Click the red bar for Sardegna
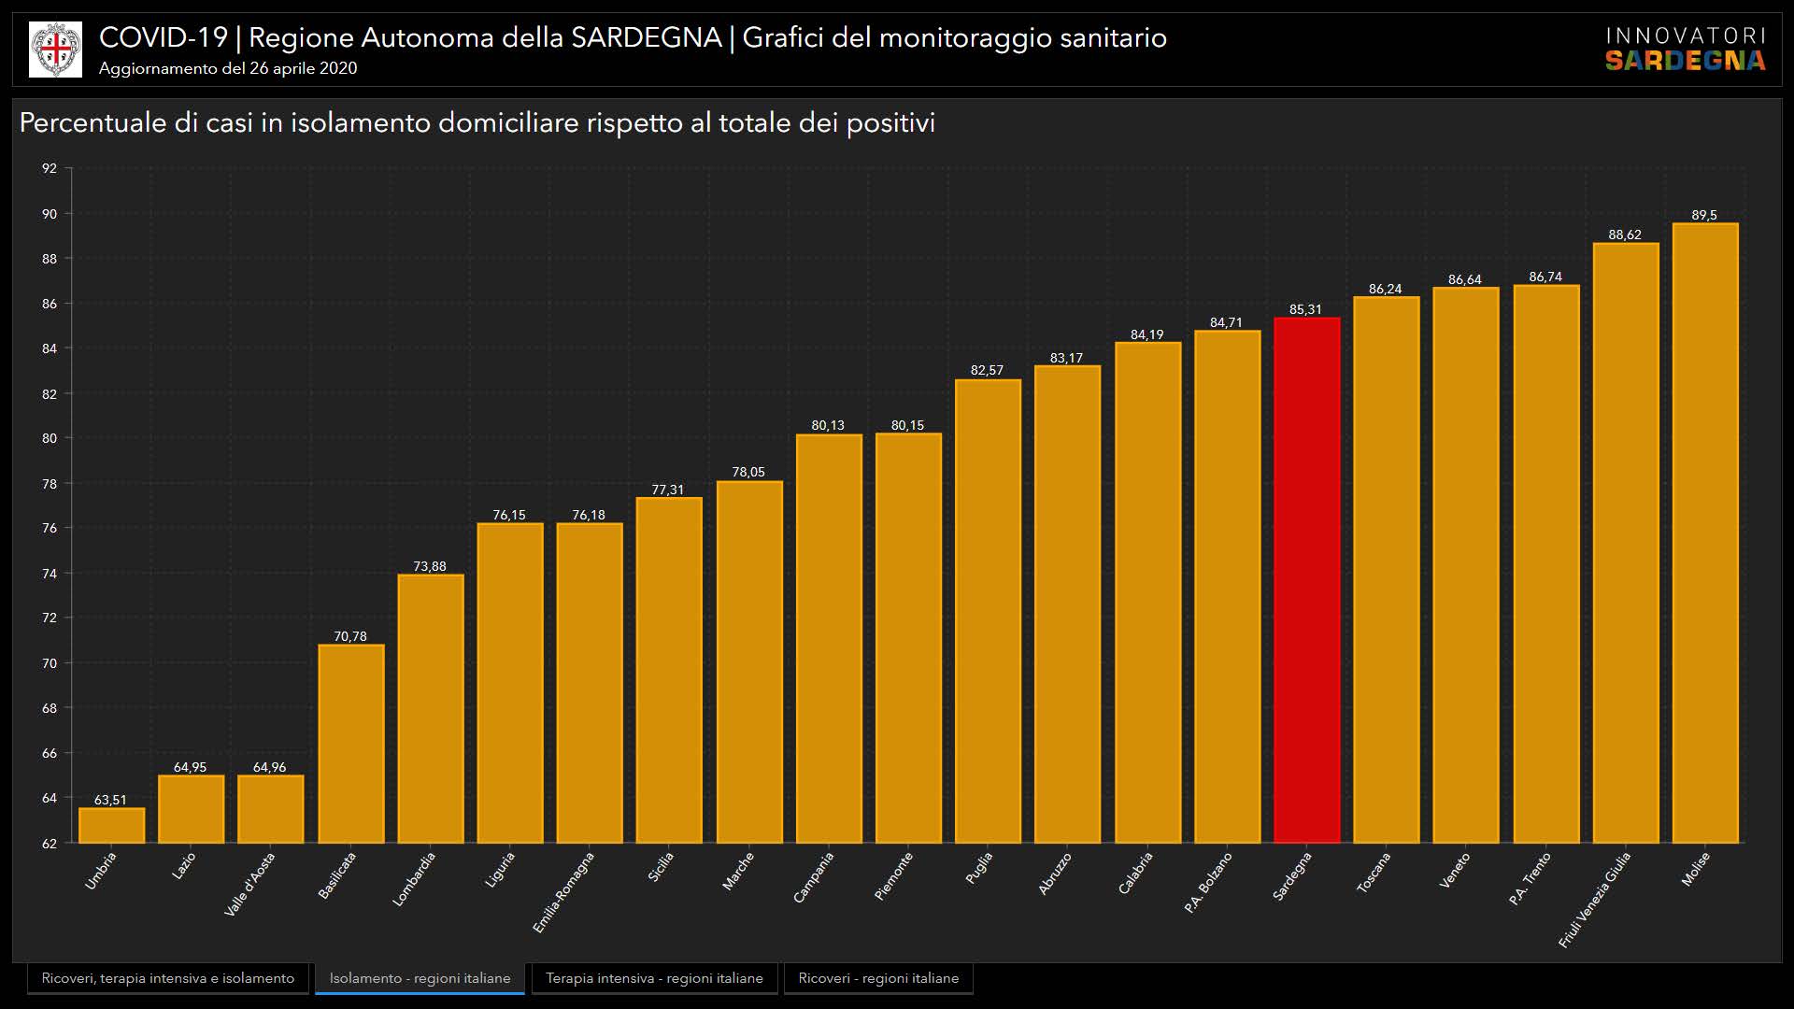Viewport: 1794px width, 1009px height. pyautogui.click(x=1306, y=579)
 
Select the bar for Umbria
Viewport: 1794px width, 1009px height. pyautogui.click(x=111, y=825)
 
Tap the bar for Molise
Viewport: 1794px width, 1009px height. pyautogui.click(x=1704, y=533)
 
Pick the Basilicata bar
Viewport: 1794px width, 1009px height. pyautogui.click(x=350, y=743)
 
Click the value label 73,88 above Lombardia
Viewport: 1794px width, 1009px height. pyautogui.click(x=430, y=566)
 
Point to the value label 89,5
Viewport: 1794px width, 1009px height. pyautogui.click(x=1704, y=215)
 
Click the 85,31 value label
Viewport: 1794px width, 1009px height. pyautogui.click(x=1305, y=309)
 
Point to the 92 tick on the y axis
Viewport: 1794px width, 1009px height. pyautogui.click(x=50, y=168)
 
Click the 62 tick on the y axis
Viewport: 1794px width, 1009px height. pyautogui.click(x=50, y=843)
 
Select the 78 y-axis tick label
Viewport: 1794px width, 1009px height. pyautogui.click(x=50, y=484)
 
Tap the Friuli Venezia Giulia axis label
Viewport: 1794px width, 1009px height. pyautogui.click(x=1595, y=899)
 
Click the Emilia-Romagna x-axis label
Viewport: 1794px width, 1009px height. pyautogui.click(x=563, y=892)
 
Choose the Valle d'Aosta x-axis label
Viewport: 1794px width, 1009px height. pyautogui.click(x=249, y=884)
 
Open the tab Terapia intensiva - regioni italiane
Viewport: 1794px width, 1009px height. pyautogui.click(x=654, y=978)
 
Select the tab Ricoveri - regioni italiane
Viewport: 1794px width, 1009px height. pyautogui.click(x=878, y=978)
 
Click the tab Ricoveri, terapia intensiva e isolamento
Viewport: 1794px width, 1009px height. pyautogui.click(x=168, y=978)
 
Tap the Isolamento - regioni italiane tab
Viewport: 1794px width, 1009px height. pyautogui.click(x=420, y=978)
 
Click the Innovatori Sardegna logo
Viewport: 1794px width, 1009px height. pyautogui.click(x=1685, y=50)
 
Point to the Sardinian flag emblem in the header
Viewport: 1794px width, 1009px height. pyautogui.click(x=56, y=50)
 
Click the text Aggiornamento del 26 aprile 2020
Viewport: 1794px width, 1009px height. pyautogui.click(x=228, y=68)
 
